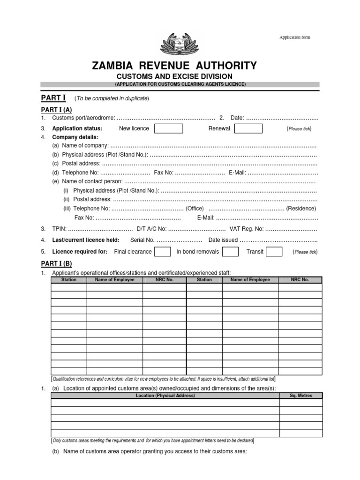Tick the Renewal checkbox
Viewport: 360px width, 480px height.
pos(248,129)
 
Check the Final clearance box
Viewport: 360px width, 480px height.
pos(162,252)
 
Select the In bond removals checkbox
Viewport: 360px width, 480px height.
pos(230,252)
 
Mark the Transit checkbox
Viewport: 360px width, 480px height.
pos(274,252)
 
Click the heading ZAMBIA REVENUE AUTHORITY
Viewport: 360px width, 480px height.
pos(175,66)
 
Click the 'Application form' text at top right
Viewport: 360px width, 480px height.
pos(294,37)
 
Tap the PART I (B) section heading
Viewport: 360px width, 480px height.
pos(56,263)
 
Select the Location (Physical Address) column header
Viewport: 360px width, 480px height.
pos(165,396)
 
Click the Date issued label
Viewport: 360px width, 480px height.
pos(223,240)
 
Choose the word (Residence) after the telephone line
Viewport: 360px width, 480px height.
pos(301,208)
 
